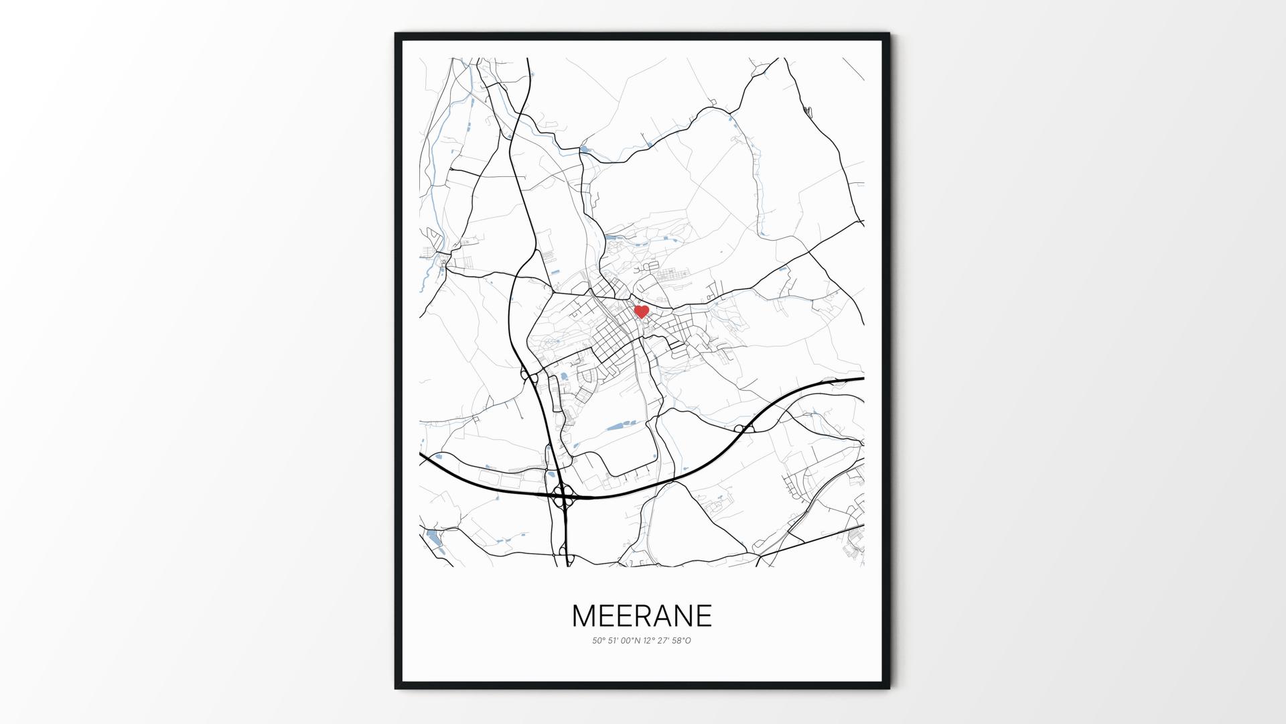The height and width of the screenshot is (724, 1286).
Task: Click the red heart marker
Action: point(641,311)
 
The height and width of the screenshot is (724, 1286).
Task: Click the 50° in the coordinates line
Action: point(598,641)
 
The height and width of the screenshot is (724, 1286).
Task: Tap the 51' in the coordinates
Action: point(614,641)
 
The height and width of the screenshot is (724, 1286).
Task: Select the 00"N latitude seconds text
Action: point(631,641)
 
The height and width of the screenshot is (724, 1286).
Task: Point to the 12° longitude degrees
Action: point(648,641)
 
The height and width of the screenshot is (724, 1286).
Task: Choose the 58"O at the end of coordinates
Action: point(681,641)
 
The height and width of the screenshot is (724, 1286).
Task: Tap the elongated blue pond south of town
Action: point(618,425)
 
